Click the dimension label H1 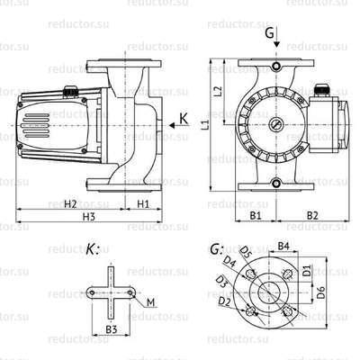click(x=143, y=203)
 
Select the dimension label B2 click(x=312, y=216)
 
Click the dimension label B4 click(x=282, y=245)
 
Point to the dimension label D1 click(x=307, y=269)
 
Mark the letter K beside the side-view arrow click(x=184, y=117)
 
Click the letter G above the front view click(x=270, y=34)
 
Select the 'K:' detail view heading click(x=94, y=249)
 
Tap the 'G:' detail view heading click(x=216, y=249)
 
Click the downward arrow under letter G click(x=276, y=49)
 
